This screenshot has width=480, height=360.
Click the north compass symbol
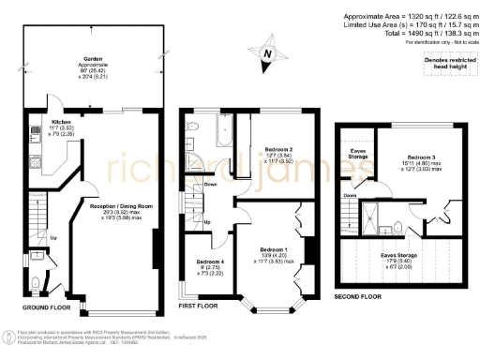(x=268, y=55)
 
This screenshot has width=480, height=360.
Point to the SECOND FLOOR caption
(x=358, y=296)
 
